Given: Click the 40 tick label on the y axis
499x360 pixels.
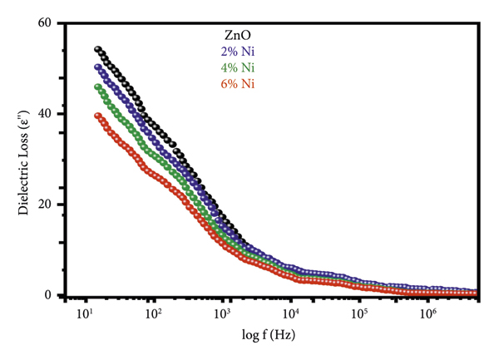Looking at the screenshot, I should (43, 114).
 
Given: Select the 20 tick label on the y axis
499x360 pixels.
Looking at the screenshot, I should (43, 205).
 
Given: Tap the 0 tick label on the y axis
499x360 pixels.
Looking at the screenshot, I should (47, 295).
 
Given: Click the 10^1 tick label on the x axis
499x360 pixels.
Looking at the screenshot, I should (83, 315).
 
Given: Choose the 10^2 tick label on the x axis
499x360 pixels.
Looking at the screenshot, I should (152, 315).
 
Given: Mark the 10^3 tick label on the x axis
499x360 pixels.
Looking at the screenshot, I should (221, 315).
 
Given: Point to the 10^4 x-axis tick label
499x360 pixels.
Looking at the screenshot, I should (290, 315).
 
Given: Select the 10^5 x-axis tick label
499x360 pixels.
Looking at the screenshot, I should (359, 315).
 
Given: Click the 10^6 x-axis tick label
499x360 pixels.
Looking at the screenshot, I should (427, 315).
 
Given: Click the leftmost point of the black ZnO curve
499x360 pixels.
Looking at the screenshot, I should (97, 49).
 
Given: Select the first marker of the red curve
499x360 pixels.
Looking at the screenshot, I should (97, 116).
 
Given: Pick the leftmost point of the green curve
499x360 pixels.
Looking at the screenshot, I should (97, 86).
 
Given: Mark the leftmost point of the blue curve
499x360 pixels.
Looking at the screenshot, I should (97, 67).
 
